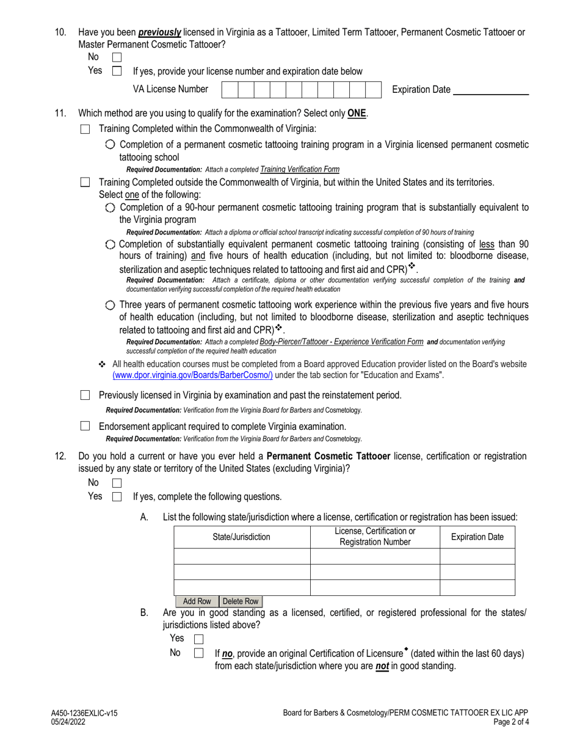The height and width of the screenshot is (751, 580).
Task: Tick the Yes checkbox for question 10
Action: [117, 71]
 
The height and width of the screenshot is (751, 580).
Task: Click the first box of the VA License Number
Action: [229, 90]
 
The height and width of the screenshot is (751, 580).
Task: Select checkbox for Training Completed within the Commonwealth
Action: [85, 129]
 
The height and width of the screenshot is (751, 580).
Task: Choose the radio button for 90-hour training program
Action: [109, 208]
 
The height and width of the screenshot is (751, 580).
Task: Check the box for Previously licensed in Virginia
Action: [85, 396]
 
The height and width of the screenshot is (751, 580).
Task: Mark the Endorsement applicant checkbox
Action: [85, 426]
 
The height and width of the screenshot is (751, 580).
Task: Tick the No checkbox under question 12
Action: [117, 483]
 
